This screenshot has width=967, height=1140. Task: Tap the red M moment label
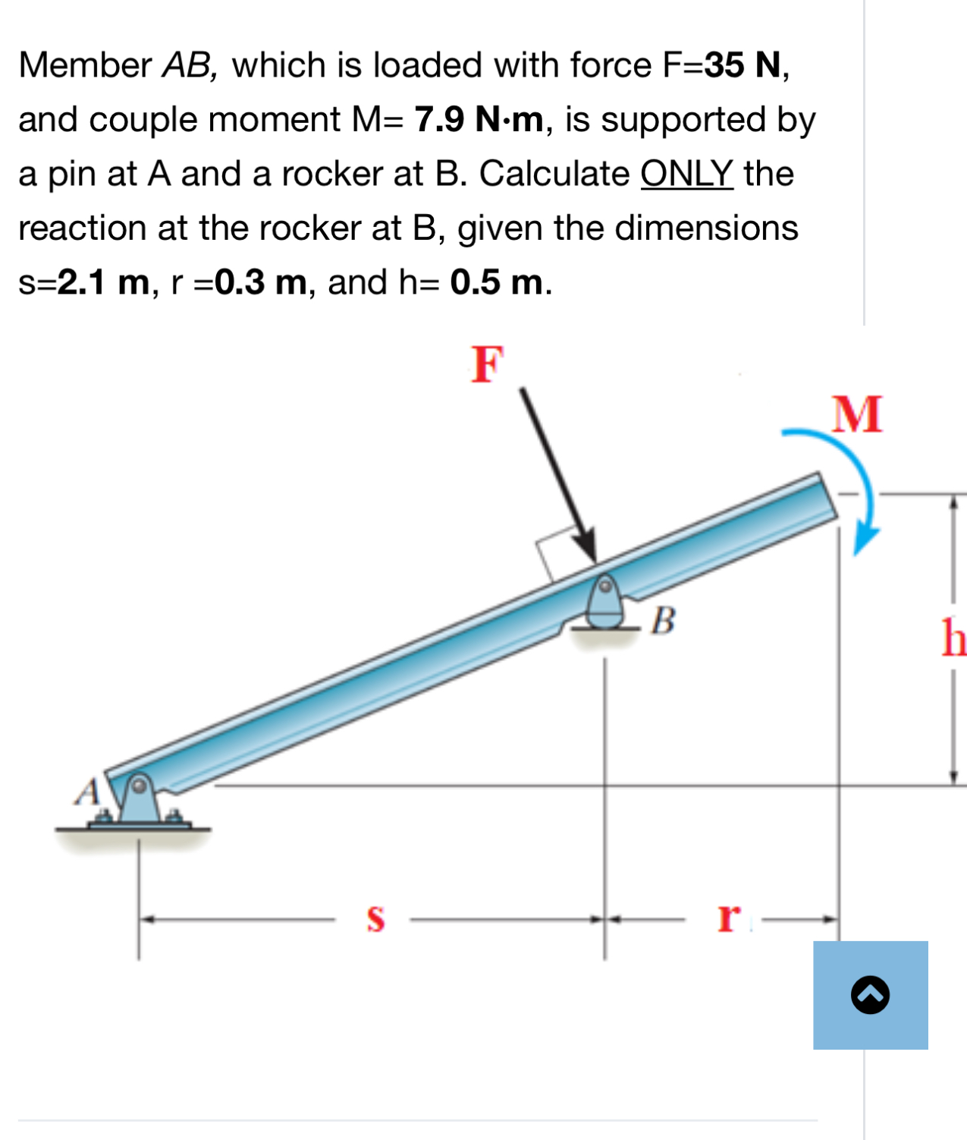857,414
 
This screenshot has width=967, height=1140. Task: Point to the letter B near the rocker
663,620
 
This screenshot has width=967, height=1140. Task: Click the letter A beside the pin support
88,791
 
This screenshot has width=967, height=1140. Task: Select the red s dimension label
375,918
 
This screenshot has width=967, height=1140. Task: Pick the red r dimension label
728,917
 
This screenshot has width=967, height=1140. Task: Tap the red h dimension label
954,637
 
